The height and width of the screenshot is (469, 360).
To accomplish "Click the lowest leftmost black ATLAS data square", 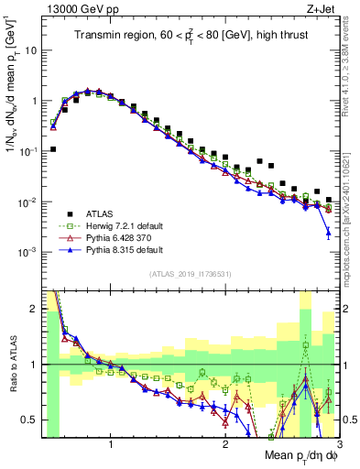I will [53, 148].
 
